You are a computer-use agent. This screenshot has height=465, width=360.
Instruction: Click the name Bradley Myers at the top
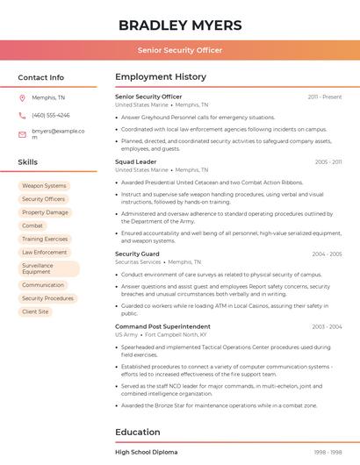(x=180, y=25)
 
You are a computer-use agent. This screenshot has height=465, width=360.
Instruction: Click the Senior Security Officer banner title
(x=180, y=50)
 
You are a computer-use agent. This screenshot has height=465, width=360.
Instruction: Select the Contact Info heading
(x=41, y=77)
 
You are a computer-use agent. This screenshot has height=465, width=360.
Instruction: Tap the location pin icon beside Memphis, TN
(x=22, y=97)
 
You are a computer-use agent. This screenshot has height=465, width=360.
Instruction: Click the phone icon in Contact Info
(x=22, y=115)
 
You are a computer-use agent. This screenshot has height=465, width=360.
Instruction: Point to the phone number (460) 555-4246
(x=51, y=115)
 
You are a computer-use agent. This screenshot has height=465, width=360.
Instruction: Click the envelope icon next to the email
(x=22, y=134)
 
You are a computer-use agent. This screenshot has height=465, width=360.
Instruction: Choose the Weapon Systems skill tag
(x=44, y=186)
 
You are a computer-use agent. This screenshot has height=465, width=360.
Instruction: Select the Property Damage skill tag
(x=45, y=212)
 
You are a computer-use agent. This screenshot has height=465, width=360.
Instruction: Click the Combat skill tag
(x=32, y=225)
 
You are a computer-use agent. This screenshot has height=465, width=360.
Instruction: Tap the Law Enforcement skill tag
(x=45, y=252)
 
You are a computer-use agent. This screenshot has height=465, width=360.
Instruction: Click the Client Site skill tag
(x=36, y=311)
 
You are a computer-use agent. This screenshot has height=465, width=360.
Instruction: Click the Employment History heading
(x=161, y=77)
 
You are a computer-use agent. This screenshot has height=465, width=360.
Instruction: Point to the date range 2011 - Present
(x=325, y=97)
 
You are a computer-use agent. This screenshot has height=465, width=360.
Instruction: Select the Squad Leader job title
(x=136, y=161)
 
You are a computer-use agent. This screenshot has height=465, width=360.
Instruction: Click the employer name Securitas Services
(x=139, y=261)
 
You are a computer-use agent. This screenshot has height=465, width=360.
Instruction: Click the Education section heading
(x=138, y=432)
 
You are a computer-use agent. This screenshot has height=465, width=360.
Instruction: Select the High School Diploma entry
(x=147, y=452)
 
